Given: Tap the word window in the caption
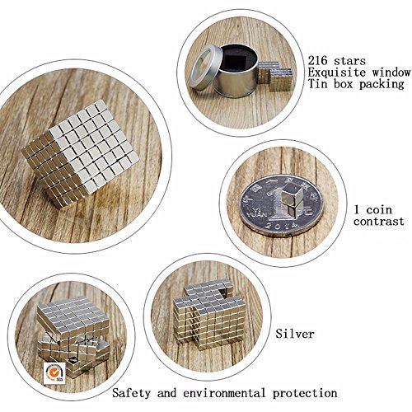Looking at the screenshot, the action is click(x=391, y=73).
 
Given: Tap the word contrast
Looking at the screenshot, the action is click(x=379, y=222).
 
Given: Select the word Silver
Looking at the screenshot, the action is click(x=295, y=334).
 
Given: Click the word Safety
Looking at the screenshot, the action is click(x=132, y=393).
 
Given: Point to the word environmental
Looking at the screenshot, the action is click(x=224, y=393).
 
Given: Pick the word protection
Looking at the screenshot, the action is click(x=305, y=394).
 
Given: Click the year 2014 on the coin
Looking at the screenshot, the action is click(x=282, y=225).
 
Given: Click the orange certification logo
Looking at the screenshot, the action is click(x=54, y=372).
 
